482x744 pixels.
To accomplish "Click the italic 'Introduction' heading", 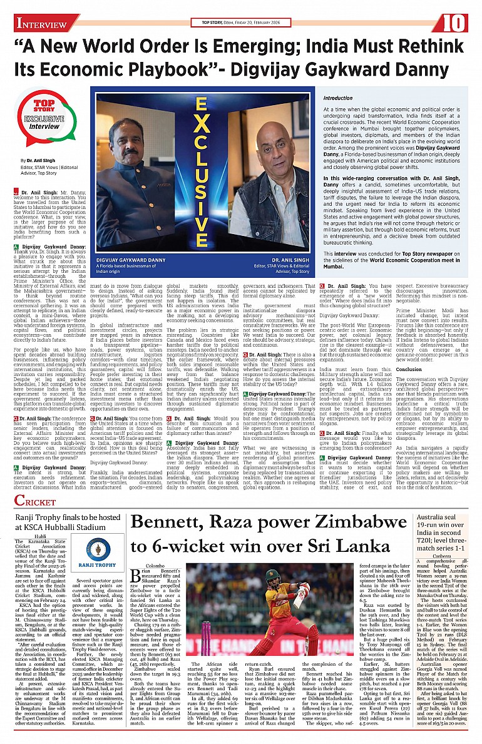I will (338, 99).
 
